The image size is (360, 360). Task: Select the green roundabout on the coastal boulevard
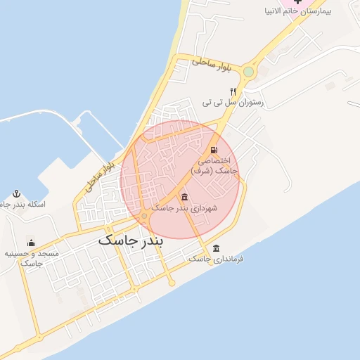click(248, 72)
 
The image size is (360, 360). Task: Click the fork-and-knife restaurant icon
click(233, 91)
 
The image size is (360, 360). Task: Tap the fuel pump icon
click(214, 149)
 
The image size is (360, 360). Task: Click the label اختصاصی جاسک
click(217, 160)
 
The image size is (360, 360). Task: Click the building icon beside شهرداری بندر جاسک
click(184, 196)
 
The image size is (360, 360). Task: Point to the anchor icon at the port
click(17, 193)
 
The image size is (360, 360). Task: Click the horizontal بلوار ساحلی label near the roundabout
click(211, 64)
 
